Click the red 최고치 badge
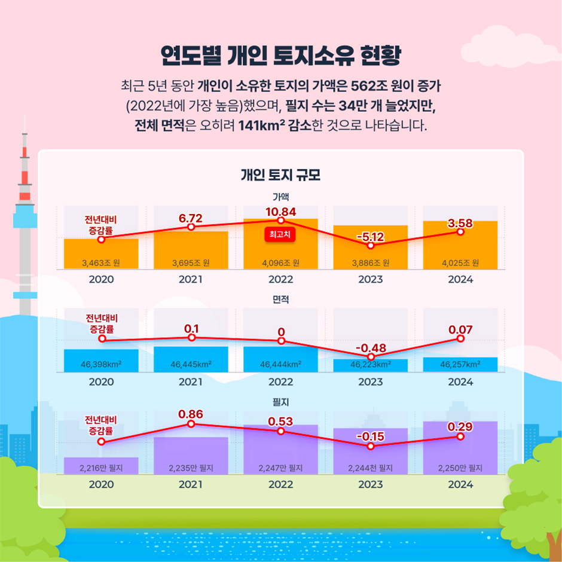(280, 235)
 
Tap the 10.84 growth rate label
(280, 212)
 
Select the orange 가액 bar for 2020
(101, 254)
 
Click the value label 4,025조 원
(460, 262)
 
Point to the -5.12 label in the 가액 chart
(370, 237)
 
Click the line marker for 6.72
(191, 227)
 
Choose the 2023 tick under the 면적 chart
(370, 381)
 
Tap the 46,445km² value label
(191, 364)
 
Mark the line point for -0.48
(370, 357)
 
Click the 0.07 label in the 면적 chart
(460, 329)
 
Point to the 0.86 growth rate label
(191, 414)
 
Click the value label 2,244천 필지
(370, 468)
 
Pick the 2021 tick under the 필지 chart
(191, 484)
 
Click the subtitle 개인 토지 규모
(280, 176)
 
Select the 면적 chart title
(280, 299)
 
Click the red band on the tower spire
(25, 177)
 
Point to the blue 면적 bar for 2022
(280, 359)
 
